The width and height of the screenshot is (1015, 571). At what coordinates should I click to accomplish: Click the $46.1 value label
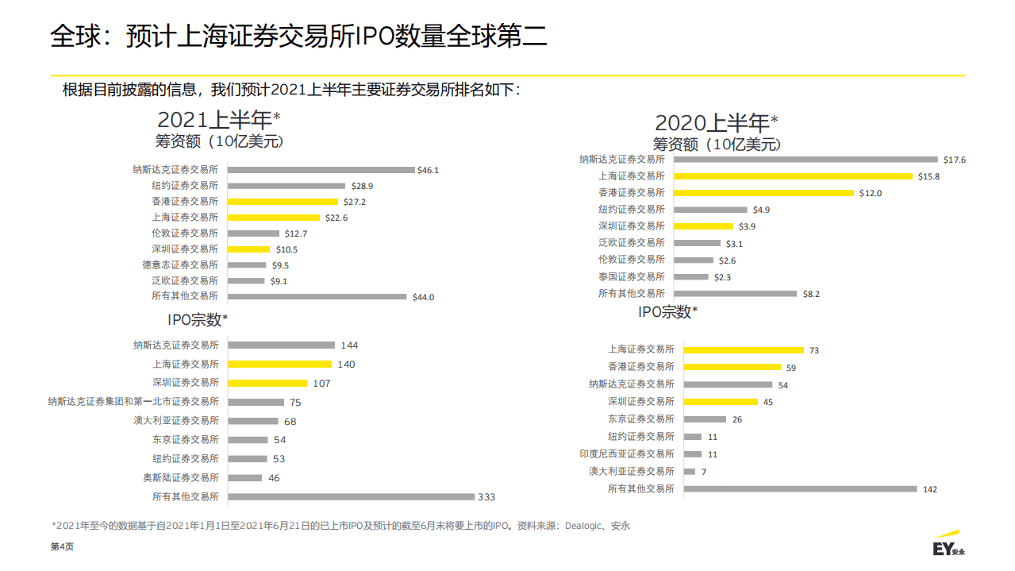click(428, 170)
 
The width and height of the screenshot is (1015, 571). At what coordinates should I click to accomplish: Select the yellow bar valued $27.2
click(283, 202)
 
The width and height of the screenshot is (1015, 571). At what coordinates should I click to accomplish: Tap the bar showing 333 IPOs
click(351, 497)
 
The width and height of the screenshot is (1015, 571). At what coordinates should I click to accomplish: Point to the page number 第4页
click(62, 547)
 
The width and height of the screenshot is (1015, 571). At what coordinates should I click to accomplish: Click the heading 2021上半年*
click(219, 120)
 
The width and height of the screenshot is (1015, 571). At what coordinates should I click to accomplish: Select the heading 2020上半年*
click(716, 123)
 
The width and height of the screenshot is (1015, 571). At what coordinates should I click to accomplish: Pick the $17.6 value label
click(954, 160)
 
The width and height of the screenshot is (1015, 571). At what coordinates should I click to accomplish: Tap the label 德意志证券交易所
click(180, 265)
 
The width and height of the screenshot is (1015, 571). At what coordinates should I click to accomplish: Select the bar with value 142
click(800, 489)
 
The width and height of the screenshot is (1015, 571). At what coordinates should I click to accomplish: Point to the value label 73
click(814, 350)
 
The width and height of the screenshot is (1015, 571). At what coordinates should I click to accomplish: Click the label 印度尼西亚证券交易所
click(627, 454)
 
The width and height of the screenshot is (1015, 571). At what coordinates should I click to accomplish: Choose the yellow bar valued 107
click(267, 383)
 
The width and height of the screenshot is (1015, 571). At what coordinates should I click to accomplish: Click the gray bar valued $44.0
click(317, 297)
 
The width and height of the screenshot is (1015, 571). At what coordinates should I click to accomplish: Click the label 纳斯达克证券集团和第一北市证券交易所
click(133, 402)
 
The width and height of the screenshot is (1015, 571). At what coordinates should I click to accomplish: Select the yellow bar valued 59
click(732, 367)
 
